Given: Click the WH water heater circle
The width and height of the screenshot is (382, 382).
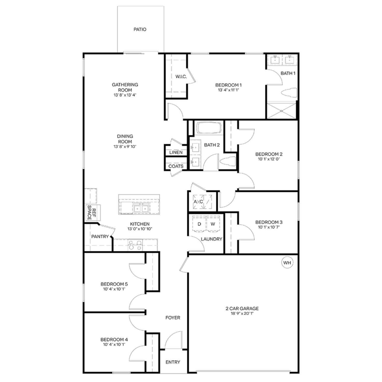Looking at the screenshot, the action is pyautogui.click(x=287, y=263).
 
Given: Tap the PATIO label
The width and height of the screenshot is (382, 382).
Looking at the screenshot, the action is pyautogui.click(x=140, y=29).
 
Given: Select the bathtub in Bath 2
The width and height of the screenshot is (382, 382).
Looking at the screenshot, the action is pyautogui.click(x=209, y=128).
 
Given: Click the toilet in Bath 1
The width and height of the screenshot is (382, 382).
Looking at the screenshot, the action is pyautogui.click(x=289, y=93).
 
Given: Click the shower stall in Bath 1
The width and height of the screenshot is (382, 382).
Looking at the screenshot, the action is pyautogui.click(x=281, y=111).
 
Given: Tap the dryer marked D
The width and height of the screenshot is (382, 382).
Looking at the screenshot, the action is pyautogui.click(x=199, y=224).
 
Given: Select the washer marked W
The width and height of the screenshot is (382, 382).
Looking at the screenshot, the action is pyautogui.click(x=213, y=224).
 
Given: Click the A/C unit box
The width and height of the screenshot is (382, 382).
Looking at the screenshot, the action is pyautogui.click(x=202, y=202).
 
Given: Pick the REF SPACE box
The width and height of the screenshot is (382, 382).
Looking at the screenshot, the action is pyautogui.click(x=93, y=213).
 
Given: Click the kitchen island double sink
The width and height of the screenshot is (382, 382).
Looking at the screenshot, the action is pyautogui.click(x=141, y=208).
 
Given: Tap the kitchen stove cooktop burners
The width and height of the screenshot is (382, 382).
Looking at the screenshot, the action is pyautogui.click(x=135, y=245).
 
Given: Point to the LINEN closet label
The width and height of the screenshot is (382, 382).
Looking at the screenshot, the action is pyautogui.click(x=176, y=152).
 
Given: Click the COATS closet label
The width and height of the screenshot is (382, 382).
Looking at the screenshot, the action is pyautogui.click(x=176, y=166).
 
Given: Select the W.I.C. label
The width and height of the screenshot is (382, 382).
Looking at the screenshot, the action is pyautogui.click(x=181, y=77).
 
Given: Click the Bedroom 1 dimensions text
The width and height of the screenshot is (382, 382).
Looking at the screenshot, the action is pyautogui.click(x=228, y=90).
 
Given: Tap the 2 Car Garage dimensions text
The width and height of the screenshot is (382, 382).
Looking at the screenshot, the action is pyautogui.click(x=242, y=313).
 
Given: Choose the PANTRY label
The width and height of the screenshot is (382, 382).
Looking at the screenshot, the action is pyautogui.click(x=100, y=237).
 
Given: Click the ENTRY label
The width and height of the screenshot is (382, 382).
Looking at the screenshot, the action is pyautogui.click(x=173, y=362).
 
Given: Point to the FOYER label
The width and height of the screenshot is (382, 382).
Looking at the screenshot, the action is pyautogui.click(x=173, y=318).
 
